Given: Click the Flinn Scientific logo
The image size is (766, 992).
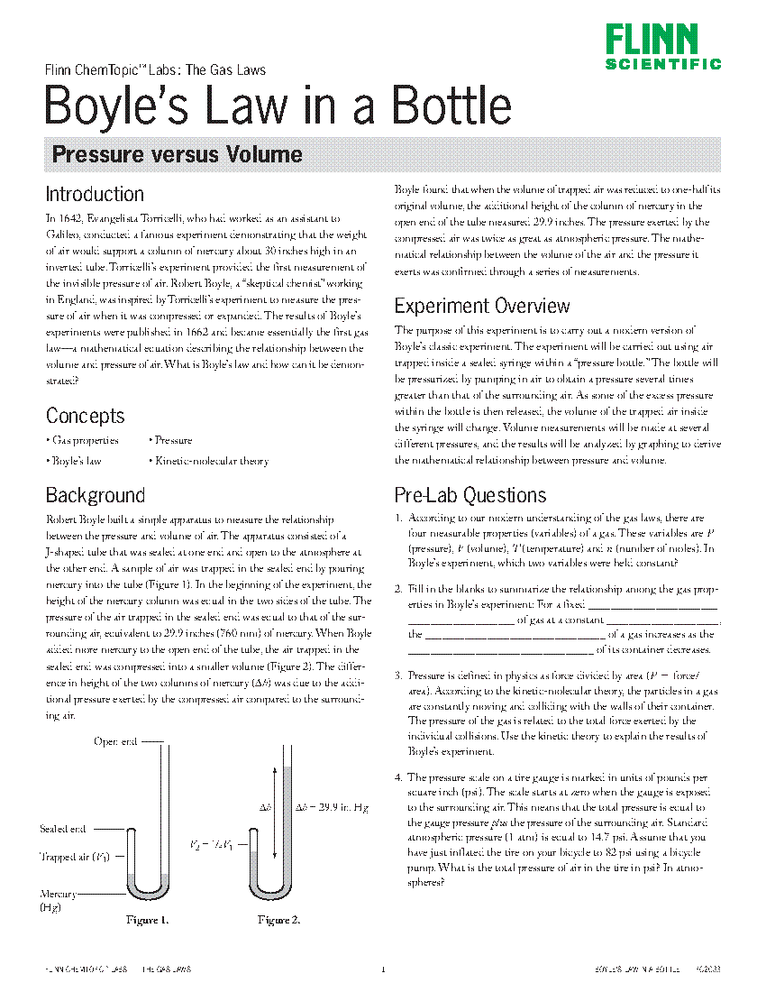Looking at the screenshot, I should [663, 46].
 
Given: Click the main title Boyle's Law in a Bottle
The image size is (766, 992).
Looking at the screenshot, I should [278, 105].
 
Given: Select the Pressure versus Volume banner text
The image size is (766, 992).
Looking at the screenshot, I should [177, 154].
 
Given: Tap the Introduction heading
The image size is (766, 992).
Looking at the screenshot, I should [95, 194].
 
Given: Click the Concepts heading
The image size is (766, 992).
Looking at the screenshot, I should [85, 416].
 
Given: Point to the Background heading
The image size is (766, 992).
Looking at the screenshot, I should [95, 495].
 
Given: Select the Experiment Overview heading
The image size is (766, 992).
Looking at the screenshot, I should [482, 306].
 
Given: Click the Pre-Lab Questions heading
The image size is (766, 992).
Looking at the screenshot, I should [470, 495].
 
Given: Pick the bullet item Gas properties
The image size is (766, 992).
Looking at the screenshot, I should [85, 441].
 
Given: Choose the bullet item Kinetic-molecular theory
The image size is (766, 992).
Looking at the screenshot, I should [211, 461].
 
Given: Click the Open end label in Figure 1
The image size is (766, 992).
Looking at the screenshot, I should [115, 741].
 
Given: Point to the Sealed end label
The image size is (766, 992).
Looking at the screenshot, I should [63, 829].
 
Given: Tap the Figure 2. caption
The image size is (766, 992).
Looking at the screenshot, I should [278, 921].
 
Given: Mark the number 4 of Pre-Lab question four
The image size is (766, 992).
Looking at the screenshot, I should [397, 777].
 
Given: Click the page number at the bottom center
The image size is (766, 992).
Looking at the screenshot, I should [383, 970].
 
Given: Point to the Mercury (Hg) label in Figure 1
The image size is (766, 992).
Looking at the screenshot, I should [56, 900].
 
